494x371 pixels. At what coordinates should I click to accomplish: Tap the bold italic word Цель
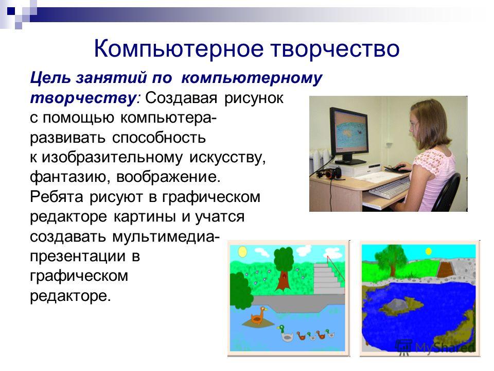pos(50,78)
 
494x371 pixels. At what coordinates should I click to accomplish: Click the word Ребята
pos(57,197)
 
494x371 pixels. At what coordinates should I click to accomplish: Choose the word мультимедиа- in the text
pos(164,237)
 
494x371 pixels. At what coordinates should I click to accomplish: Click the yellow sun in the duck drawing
pos(242,252)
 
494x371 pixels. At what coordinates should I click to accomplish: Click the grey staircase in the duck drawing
pos(329,278)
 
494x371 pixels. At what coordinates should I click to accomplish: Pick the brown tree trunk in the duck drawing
pos(283,280)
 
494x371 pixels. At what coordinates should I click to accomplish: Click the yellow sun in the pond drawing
pos(428,251)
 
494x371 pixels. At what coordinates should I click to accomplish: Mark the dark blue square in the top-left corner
pos(11,11)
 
